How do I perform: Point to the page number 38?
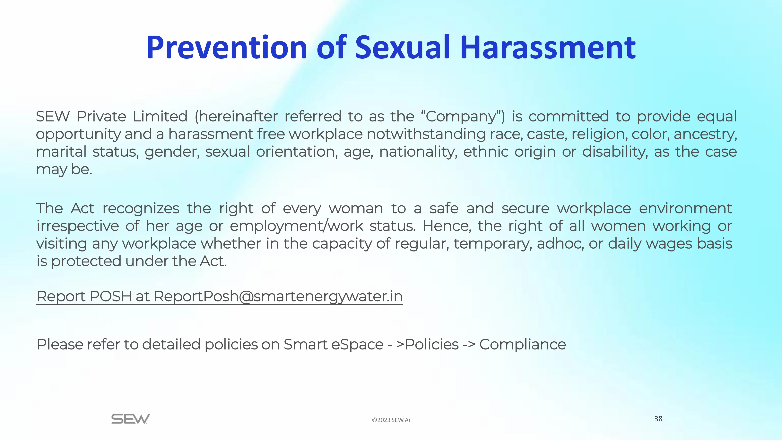(x=658, y=419)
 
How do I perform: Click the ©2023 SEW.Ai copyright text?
(x=391, y=420)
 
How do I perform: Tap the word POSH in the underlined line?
(x=110, y=296)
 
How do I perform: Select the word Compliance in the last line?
(x=522, y=345)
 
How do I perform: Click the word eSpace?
(x=357, y=345)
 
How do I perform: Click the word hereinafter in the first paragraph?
(x=236, y=116)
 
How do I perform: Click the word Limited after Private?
(x=160, y=116)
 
